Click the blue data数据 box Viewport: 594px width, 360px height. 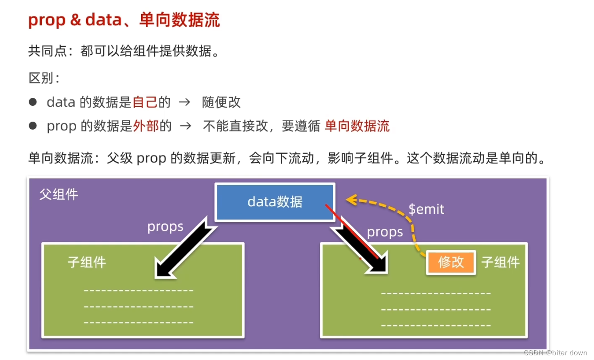[275, 202]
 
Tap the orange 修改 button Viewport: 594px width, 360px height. [451, 262]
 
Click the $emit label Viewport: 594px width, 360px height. [426, 209]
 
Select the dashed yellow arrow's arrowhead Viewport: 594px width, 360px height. [350, 200]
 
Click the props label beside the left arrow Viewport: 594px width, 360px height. [165, 227]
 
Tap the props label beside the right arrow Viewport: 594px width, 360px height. [385, 232]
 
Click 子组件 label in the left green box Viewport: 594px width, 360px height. [87, 262]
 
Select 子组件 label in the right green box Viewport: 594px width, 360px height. [500, 262]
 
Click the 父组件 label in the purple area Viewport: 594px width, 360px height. [59, 194]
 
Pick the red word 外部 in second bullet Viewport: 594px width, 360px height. [146, 126]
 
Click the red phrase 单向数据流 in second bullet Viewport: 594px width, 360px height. [357, 126]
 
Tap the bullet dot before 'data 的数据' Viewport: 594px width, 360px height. [32, 102]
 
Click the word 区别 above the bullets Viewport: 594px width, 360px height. [41, 78]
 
